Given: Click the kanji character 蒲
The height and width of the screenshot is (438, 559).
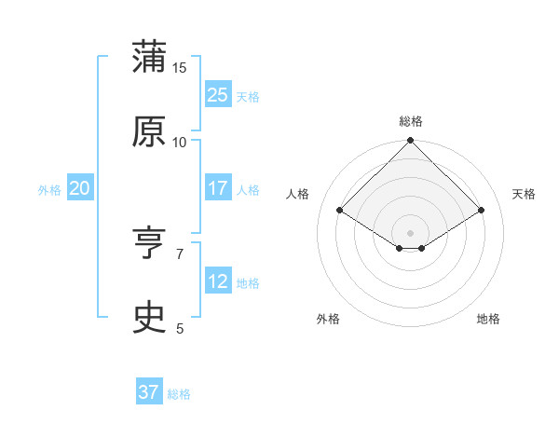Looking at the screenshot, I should click(x=149, y=58).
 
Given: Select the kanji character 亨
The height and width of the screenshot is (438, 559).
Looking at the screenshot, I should click(x=149, y=244).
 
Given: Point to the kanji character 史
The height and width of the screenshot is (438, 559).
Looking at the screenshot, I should click(x=149, y=318).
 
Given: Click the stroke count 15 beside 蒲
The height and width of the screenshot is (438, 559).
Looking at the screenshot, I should click(x=180, y=68).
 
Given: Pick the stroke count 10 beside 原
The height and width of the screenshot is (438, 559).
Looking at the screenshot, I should click(x=180, y=142).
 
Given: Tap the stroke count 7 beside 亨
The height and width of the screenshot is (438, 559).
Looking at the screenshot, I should click(x=180, y=253).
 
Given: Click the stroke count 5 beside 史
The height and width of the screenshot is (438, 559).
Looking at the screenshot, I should click(x=180, y=328).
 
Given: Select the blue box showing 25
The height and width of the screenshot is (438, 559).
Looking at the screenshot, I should click(x=217, y=94).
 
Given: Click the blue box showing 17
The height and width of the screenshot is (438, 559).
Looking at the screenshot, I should click(x=217, y=187).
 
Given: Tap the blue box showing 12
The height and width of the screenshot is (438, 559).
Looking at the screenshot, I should click(x=217, y=281).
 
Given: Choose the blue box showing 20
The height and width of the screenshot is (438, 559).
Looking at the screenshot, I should click(x=79, y=187).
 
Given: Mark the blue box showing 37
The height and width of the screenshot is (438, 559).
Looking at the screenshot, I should click(x=148, y=392).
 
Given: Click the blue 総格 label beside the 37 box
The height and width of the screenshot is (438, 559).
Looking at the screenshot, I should click(x=179, y=394).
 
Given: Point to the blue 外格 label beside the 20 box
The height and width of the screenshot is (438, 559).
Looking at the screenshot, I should click(x=49, y=189).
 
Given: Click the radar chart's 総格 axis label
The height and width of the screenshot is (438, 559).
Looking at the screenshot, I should click(x=411, y=121).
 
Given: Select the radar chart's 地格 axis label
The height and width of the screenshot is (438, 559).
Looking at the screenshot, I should click(x=488, y=319).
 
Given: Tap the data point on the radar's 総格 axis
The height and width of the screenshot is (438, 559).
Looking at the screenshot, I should click(x=411, y=142).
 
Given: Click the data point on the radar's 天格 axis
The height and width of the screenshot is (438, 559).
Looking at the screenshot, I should click(x=482, y=211).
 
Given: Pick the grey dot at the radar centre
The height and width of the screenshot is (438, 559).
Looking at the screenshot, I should click(x=411, y=232).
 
